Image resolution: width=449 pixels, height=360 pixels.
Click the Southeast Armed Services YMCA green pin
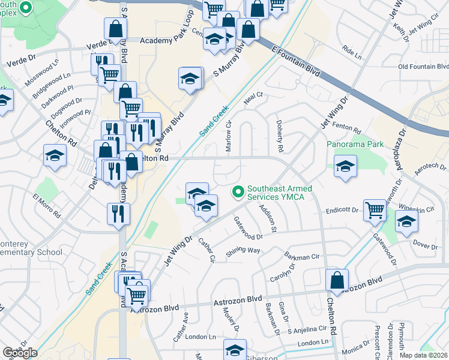click(238, 191)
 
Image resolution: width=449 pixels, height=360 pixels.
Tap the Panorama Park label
click(355, 145)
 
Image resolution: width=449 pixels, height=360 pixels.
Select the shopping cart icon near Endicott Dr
click(375, 210)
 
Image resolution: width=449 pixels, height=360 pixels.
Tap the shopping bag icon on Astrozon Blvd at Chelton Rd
click(337, 280)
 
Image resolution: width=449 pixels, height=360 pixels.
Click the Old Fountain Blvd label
click(423, 67)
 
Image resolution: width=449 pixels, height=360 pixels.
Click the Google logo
click(20, 353)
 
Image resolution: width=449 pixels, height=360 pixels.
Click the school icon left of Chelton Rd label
click(55, 155)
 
